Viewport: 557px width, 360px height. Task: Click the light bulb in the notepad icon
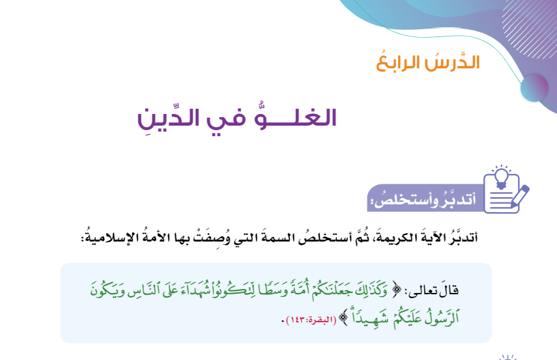pos(501,176)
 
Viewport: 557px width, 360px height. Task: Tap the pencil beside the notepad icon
pos(520,195)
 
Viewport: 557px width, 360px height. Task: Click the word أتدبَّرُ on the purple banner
pos(458,199)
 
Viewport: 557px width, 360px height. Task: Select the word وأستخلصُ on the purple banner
pos(405,199)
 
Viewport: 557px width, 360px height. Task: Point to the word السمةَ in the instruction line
pos(276,237)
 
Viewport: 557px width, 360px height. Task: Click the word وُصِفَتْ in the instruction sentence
pos(212,238)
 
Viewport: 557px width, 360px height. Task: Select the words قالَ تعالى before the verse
pos(433,291)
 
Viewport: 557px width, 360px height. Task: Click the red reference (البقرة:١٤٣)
pos(311,320)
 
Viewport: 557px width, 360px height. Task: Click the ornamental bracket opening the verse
pos(397,290)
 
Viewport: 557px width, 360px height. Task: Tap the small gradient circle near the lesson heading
pos(534,88)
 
